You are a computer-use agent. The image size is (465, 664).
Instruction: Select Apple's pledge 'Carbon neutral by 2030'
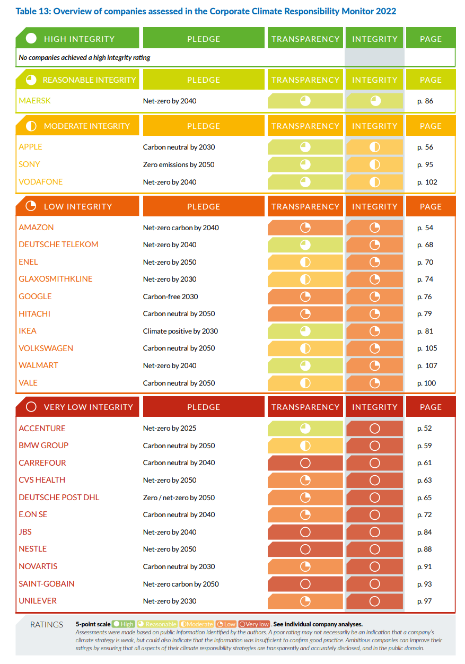click(x=179, y=147)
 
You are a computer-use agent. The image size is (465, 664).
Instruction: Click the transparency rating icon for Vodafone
click(x=305, y=182)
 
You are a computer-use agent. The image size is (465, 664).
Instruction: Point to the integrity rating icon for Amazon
click(x=374, y=228)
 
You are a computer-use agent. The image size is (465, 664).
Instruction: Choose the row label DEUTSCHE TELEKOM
click(x=58, y=244)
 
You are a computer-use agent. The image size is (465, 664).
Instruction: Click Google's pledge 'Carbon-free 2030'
click(x=170, y=296)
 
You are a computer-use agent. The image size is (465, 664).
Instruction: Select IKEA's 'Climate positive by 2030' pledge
click(x=180, y=331)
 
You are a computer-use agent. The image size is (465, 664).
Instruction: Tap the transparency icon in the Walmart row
click(x=305, y=365)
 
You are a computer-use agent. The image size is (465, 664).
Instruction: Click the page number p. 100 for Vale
click(x=427, y=383)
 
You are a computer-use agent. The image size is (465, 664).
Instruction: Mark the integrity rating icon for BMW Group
click(x=374, y=445)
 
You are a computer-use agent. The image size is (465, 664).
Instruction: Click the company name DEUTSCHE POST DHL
click(x=59, y=497)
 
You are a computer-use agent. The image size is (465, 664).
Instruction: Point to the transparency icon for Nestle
click(x=305, y=549)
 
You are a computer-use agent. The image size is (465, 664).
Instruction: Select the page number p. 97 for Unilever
click(x=425, y=601)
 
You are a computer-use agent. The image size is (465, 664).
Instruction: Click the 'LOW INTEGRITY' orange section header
click(x=78, y=206)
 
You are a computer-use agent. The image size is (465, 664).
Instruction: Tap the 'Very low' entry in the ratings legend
click(x=254, y=624)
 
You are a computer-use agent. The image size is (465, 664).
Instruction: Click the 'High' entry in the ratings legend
click(x=124, y=624)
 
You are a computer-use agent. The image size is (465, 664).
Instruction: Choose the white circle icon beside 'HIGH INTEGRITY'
click(x=31, y=38)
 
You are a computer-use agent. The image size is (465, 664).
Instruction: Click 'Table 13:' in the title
click(x=33, y=12)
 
